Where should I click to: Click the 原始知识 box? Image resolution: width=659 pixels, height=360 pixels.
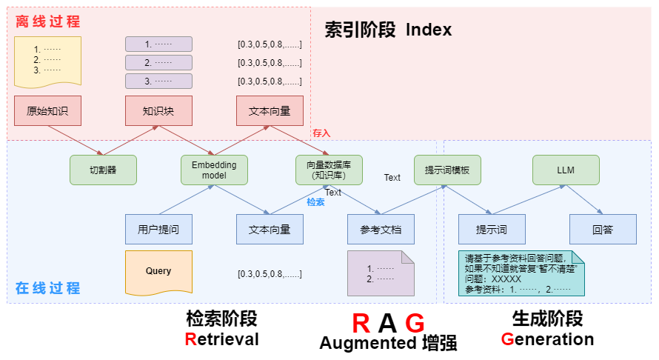coord(47,111)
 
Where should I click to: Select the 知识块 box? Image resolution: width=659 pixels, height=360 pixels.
coord(158,111)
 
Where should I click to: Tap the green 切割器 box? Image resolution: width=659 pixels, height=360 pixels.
coord(103,170)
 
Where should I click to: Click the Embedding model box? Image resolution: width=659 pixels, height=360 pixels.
coord(214,170)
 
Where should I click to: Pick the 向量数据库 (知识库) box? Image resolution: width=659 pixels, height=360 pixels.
coord(329,170)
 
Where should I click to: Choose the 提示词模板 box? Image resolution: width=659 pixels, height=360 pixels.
coord(447,170)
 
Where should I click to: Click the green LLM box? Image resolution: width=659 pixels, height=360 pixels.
coord(566,170)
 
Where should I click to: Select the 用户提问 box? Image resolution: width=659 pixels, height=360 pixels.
coord(158,229)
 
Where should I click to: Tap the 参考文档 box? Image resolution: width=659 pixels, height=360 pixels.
coord(381,229)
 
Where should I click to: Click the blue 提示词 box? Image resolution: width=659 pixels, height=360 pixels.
coord(492,229)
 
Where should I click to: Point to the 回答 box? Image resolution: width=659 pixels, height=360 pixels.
coord(603,229)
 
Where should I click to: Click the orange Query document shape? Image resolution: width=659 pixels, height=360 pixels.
coord(158,272)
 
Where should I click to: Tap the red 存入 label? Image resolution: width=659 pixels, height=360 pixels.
coord(321,133)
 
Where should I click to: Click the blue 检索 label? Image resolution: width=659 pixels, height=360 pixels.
coord(316,201)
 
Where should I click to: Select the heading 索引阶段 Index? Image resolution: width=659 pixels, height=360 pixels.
coord(388,30)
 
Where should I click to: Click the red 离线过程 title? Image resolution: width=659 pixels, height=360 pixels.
coord(48,22)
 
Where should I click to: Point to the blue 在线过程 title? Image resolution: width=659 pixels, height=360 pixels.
coord(48,288)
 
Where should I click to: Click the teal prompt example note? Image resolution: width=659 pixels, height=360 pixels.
coord(521,273)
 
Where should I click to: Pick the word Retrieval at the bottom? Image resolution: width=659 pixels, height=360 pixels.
coord(222,339)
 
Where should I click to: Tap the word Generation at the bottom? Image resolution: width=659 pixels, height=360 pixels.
coord(547,339)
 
